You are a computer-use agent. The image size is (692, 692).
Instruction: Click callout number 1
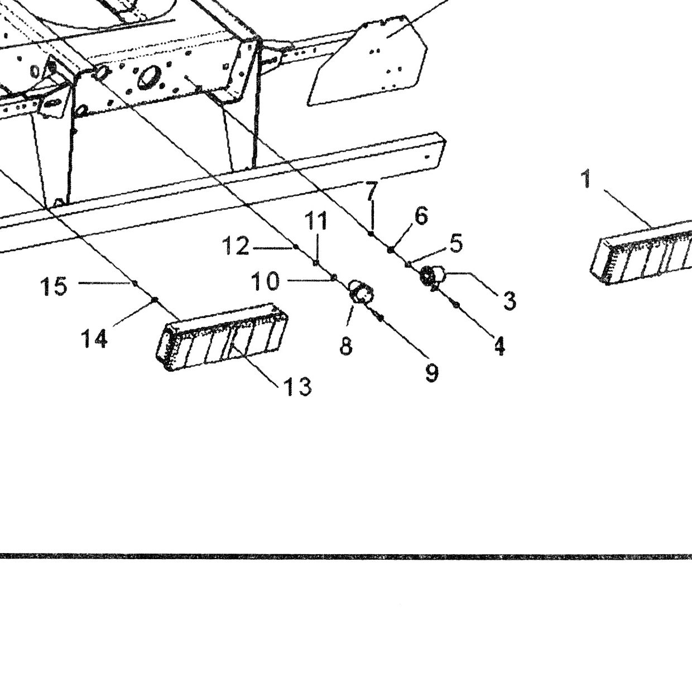point(586,179)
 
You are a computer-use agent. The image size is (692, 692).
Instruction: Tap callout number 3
point(509,301)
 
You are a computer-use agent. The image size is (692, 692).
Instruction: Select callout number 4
point(499,346)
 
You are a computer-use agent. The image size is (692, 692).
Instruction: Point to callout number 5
point(456,243)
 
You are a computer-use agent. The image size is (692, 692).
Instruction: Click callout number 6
point(421,216)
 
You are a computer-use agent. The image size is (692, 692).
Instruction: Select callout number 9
point(431,373)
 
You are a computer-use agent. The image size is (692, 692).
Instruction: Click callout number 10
point(266,281)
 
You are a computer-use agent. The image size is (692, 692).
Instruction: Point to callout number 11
point(316,220)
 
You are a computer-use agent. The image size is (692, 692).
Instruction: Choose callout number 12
point(236,246)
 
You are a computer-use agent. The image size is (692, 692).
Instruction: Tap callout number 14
point(94,338)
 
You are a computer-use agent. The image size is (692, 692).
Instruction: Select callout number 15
point(54,287)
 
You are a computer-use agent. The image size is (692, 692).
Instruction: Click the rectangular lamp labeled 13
point(222,337)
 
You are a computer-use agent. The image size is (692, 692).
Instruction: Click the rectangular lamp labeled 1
point(641,255)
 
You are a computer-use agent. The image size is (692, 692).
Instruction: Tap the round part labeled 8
point(362,292)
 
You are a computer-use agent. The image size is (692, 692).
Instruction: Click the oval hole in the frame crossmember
point(147,76)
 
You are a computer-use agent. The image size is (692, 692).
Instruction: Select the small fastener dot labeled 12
point(296,247)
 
